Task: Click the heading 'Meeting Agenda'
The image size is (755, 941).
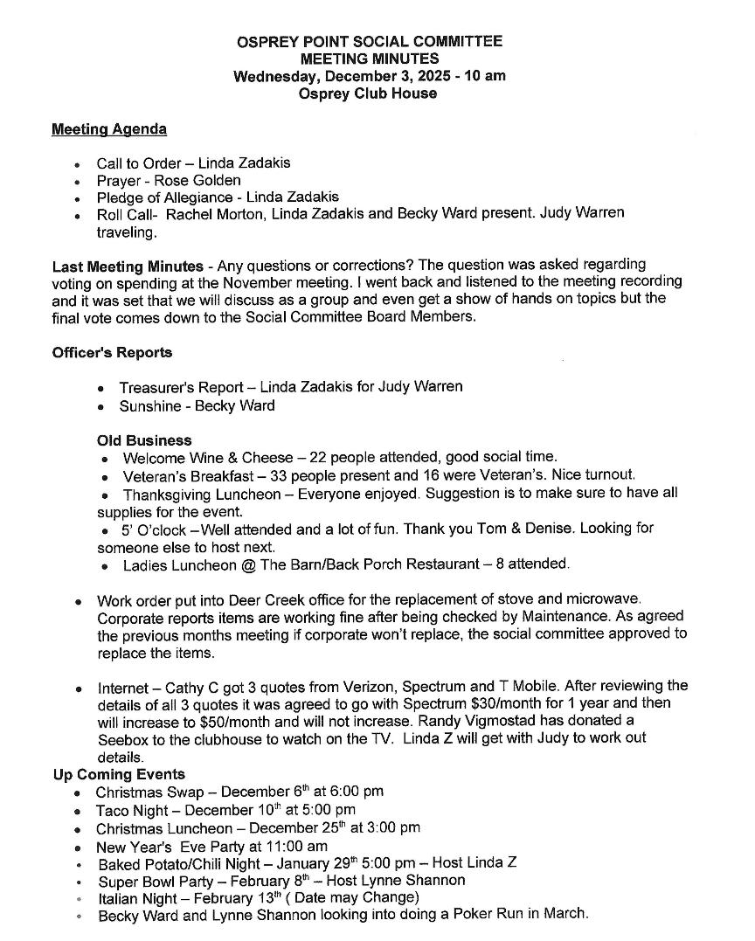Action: tap(109, 129)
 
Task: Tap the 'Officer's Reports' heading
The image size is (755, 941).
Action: tap(112, 352)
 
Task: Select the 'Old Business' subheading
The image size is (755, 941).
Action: tap(144, 440)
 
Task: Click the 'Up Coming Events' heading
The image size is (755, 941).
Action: tap(118, 774)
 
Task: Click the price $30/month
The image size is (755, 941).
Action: tap(474, 702)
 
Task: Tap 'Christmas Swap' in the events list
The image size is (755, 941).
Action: tap(149, 792)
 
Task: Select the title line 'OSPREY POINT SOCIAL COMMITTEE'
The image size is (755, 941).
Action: tap(370, 41)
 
